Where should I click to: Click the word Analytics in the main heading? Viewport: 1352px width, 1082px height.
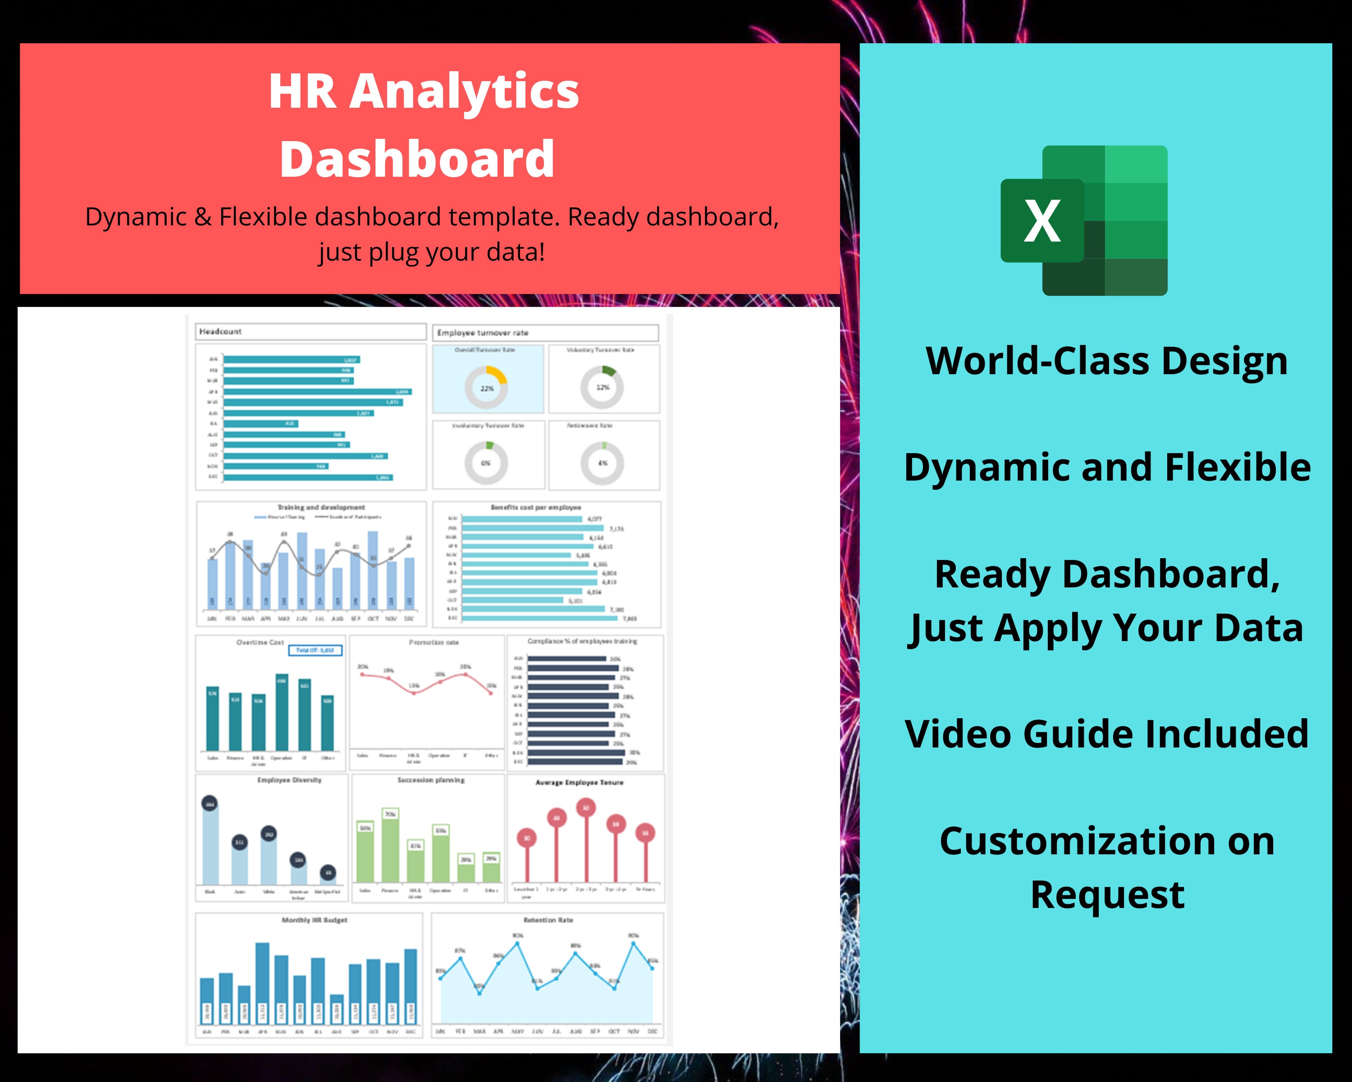pyautogui.click(x=464, y=92)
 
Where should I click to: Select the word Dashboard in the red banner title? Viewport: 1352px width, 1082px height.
pyautogui.click(x=417, y=159)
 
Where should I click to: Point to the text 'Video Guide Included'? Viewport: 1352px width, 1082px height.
pyautogui.click(x=1106, y=734)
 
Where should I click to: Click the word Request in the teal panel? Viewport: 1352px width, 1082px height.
pyautogui.click(x=1107, y=894)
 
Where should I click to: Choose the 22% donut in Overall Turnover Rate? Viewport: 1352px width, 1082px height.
pyautogui.click(x=487, y=388)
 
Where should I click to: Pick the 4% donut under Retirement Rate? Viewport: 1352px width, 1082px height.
pyautogui.click(x=602, y=463)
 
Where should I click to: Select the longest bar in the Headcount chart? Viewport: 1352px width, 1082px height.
pyautogui.click(x=317, y=391)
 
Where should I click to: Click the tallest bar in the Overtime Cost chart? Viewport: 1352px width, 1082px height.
pyautogui.click(x=282, y=712)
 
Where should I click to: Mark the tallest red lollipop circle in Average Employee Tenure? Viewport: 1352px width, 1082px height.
pyautogui.click(x=586, y=808)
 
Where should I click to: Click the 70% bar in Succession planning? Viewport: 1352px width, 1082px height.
pyautogui.click(x=390, y=847)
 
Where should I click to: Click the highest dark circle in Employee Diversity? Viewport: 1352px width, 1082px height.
pyautogui.click(x=210, y=803)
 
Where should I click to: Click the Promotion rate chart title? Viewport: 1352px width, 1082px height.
pyautogui.click(x=434, y=642)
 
